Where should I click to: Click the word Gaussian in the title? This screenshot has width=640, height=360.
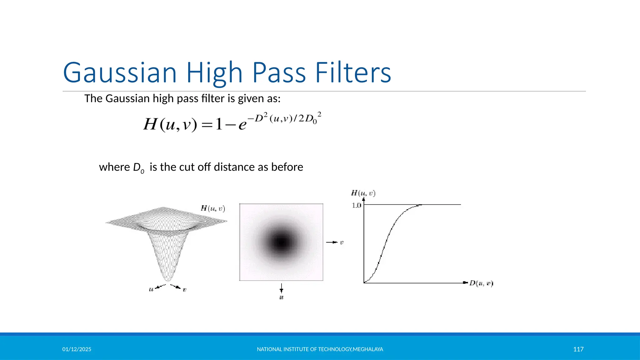pyautogui.click(x=120, y=72)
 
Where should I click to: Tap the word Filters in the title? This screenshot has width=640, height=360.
pyautogui.click(x=353, y=72)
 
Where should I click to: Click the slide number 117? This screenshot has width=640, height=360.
pyautogui.click(x=578, y=349)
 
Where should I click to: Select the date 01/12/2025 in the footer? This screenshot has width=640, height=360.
pyautogui.click(x=77, y=349)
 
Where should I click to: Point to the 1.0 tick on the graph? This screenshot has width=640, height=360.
pyautogui.click(x=356, y=205)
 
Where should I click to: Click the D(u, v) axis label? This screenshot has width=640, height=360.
pyautogui.click(x=481, y=283)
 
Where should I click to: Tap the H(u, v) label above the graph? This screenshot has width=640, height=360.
pyautogui.click(x=363, y=193)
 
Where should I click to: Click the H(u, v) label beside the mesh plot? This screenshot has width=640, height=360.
pyautogui.click(x=213, y=208)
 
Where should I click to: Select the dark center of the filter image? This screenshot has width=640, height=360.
pyautogui.click(x=281, y=242)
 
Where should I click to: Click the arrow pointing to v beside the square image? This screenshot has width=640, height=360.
pyautogui.click(x=332, y=242)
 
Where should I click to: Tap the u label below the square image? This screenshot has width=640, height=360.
pyautogui.click(x=281, y=297)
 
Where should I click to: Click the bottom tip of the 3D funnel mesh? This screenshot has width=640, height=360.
pyautogui.click(x=168, y=280)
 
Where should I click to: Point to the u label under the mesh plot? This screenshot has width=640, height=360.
pyautogui.click(x=151, y=289)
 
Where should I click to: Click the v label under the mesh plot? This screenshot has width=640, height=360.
pyautogui.click(x=184, y=290)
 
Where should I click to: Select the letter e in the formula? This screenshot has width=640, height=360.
pyautogui.click(x=242, y=125)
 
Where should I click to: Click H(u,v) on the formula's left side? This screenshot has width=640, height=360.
pyautogui.click(x=170, y=124)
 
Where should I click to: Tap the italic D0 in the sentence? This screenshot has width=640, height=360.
pyautogui.click(x=138, y=168)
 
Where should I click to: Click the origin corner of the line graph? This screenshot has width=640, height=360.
pyautogui.click(x=364, y=283)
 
